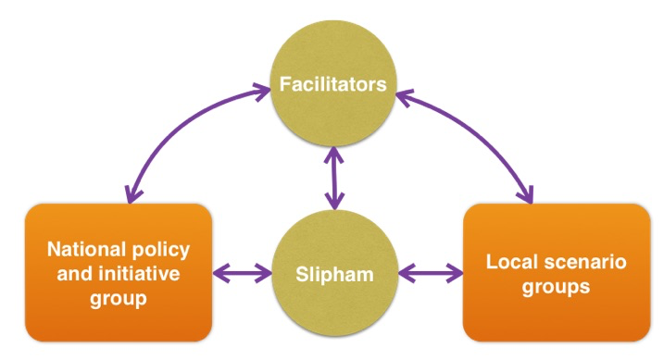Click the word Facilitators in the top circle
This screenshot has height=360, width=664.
click(x=332, y=84)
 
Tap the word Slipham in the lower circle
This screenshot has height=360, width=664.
click(x=334, y=274)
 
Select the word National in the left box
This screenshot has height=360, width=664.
click(x=81, y=249)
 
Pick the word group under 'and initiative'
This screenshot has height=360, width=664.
click(x=119, y=299)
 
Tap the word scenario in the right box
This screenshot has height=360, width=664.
click(x=585, y=262)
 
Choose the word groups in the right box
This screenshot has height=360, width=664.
click(x=556, y=287)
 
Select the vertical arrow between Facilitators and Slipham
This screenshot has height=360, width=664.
click(x=334, y=178)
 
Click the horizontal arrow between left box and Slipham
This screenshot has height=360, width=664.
click(x=243, y=273)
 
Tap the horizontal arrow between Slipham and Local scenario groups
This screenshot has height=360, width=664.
click(x=431, y=273)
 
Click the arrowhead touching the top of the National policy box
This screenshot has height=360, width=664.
click(x=132, y=194)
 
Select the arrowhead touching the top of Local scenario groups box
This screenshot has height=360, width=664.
click(x=526, y=194)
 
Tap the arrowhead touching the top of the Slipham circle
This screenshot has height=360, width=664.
click(x=334, y=202)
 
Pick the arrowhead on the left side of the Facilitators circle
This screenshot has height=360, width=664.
click(x=263, y=90)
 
